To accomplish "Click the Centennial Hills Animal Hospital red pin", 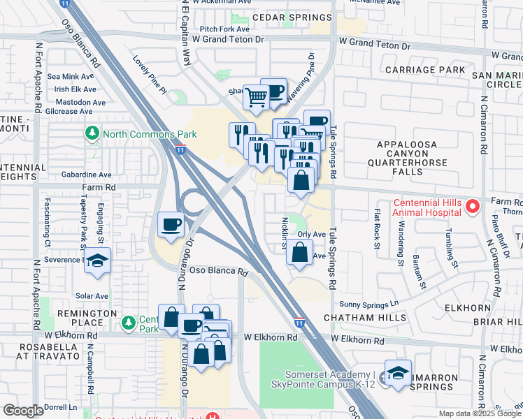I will pos(472,206).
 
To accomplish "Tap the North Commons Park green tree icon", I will pos(92,133).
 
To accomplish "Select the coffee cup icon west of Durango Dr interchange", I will pos(171,225).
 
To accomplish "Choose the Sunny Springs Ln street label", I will pos(368,304).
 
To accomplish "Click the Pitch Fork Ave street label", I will pos(224,29).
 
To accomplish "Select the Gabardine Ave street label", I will pos(86,175).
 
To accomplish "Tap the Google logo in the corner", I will pos(23,411).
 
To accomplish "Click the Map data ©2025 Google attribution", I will pos(479,413).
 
